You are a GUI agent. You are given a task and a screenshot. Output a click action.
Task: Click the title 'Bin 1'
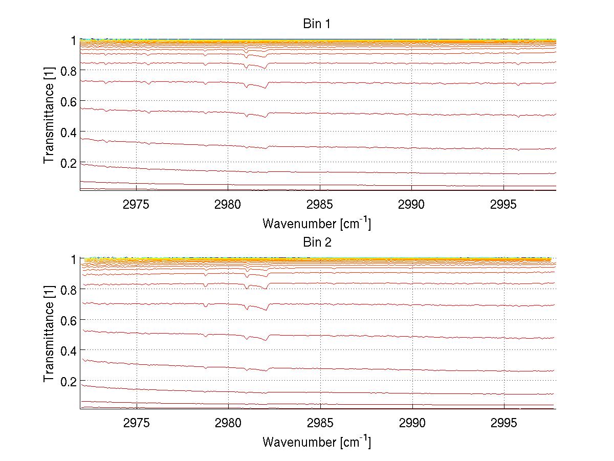[317, 24]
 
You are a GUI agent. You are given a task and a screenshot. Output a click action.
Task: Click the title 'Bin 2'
[317, 242]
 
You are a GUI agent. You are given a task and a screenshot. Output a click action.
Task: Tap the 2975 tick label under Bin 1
[137, 205]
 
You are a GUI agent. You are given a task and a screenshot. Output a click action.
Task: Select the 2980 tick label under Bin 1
[228, 205]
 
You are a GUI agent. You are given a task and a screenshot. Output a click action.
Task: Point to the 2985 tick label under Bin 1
[320, 205]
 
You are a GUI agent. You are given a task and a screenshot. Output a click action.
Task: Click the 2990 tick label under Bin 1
[412, 205]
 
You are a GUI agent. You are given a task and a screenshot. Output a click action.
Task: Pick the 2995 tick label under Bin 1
[504, 205]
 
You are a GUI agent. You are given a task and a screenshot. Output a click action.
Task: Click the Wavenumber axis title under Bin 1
[317, 223]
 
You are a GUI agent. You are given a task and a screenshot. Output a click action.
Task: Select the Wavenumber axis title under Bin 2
[317, 442]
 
